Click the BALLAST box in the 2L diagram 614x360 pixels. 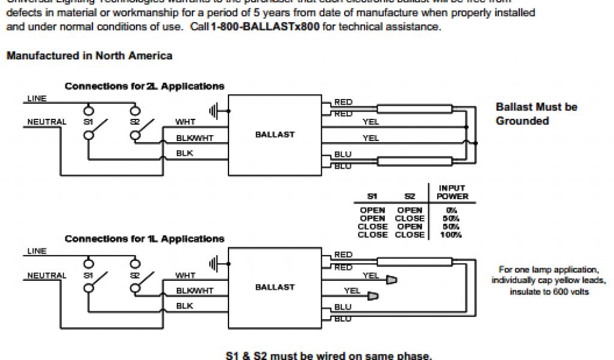(275, 134)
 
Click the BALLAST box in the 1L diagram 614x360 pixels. (275, 287)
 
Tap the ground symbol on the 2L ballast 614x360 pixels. (214, 110)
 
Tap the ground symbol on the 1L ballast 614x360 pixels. (214, 263)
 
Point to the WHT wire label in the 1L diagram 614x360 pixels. (185, 275)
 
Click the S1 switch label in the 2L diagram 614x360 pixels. (89, 122)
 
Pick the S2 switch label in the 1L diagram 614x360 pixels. (134, 275)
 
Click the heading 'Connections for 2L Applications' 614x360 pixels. (145, 86)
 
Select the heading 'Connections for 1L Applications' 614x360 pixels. (145, 239)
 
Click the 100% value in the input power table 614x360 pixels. (452, 235)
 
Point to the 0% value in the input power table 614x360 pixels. (452, 211)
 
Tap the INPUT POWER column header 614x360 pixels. (452, 192)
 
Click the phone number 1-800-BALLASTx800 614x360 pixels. (266, 28)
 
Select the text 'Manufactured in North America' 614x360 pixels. (89, 56)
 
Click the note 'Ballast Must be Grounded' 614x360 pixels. (536, 114)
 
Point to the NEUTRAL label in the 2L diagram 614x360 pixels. (47, 122)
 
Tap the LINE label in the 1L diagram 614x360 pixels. (37, 251)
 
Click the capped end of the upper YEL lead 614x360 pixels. (392, 280)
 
